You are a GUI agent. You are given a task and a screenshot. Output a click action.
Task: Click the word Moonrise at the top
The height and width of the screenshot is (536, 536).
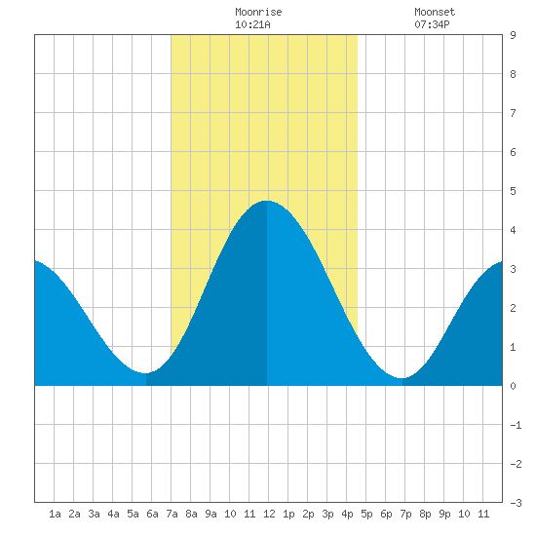click(x=258, y=12)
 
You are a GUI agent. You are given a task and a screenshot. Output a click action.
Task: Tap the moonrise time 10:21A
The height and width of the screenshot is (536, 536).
click(x=252, y=24)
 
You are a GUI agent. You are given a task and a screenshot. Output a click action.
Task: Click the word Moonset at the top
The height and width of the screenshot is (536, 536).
click(x=435, y=12)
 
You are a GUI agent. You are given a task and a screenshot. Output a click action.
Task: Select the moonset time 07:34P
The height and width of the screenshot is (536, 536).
click(x=432, y=24)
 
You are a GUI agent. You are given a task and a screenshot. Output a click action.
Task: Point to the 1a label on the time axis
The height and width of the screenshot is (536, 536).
click(x=55, y=514)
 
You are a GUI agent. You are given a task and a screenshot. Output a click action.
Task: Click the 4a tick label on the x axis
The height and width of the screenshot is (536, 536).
click(x=113, y=514)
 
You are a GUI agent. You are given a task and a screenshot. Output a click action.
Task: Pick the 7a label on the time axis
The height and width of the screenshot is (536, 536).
click(x=172, y=514)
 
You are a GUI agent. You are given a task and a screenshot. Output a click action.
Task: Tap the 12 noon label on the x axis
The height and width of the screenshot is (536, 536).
click(x=269, y=514)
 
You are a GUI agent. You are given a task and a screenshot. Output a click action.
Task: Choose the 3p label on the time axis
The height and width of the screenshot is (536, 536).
click(x=327, y=514)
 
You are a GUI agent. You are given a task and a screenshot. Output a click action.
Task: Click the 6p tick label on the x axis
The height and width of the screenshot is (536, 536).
click(x=386, y=514)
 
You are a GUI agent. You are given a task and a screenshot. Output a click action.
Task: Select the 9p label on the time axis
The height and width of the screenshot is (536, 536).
click(x=444, y=514)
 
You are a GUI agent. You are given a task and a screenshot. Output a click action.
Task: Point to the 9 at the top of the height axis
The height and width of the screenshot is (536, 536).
click(x=513, y=35)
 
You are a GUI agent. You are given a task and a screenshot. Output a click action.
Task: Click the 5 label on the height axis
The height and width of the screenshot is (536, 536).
click(x=513, y=191)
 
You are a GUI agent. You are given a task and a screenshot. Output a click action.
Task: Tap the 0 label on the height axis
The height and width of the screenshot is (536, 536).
click(x=513, y=386)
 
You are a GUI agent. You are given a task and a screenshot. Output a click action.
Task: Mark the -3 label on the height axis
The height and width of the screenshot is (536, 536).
click(x=516, y=503)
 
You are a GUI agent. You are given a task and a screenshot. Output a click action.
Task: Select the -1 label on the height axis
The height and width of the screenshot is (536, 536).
click(x=516, y=425)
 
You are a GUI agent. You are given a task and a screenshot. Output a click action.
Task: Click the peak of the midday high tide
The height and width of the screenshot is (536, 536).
click(x=267, y=201)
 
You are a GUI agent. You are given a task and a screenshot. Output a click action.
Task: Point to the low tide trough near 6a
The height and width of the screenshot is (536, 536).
click(x=145, y=373)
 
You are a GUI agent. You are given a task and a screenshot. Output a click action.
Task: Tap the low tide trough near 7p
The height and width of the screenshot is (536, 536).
click(x=402, y=378)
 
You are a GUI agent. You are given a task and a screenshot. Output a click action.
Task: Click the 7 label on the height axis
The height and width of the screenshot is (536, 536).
click(x=513, y=113)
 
